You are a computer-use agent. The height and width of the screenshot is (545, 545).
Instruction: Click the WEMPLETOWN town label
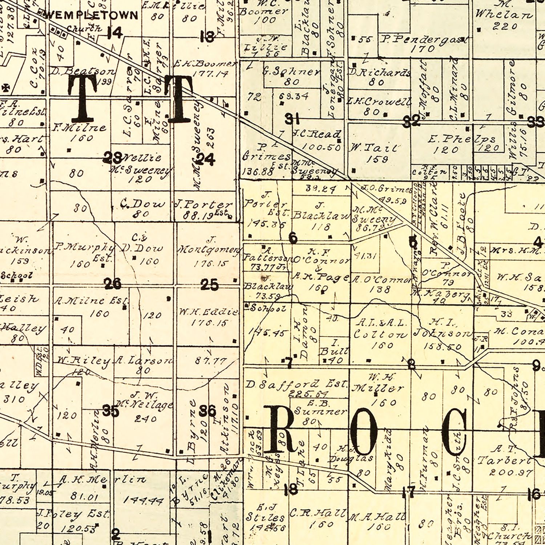tap(91, 15)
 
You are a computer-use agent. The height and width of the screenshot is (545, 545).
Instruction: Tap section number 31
tap(292, 118)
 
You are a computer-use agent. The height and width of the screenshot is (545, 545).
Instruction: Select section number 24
tap(206, 159)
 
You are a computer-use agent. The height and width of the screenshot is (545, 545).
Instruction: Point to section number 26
tap(112, 283)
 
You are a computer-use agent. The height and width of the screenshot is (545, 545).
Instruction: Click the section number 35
tap(111, 411)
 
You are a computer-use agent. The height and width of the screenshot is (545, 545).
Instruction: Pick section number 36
tap(207, 411)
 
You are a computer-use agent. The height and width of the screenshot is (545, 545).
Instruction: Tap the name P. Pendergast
tap(424, 39)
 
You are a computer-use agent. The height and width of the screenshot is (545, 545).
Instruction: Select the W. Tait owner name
tap(374, 148)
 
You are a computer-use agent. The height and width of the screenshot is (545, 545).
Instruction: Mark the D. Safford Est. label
tap(296, 384)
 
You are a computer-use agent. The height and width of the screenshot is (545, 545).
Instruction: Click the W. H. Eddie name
tap(209, 312)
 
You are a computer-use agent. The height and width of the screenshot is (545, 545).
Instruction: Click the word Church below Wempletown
tap(84, 28)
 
